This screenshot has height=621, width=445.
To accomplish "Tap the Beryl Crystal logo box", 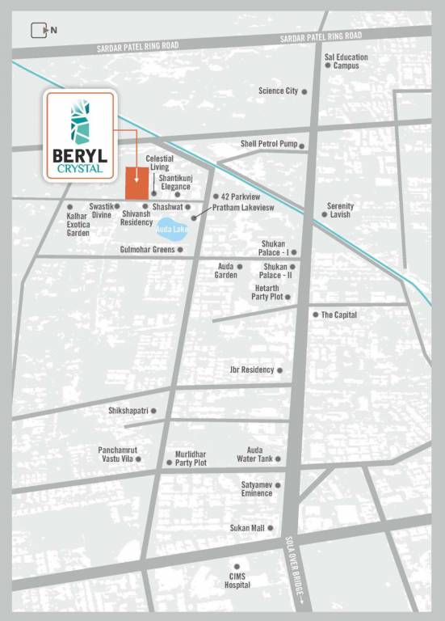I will pos(81,135).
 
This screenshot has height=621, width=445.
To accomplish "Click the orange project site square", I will pos(136,183).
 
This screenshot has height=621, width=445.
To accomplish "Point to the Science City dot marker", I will pos(304,92).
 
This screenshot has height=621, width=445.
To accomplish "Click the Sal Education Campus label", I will pos(346,61).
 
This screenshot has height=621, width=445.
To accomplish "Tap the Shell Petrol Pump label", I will pos(269,144).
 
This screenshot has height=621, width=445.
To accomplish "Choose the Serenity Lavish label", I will pos(340,210).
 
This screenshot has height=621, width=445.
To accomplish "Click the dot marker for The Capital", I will pos(316,315).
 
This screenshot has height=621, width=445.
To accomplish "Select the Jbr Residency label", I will pos(252,370).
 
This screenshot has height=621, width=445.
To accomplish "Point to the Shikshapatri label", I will pos(128,411).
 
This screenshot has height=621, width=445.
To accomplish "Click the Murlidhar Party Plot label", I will pos(191,458).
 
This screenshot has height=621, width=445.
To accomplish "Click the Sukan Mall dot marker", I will pos(270,528).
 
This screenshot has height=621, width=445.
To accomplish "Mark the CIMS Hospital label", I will pos(237,581).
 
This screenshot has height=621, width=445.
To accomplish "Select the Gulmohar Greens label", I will pos(147,250).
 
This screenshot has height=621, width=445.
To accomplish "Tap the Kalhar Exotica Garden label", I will pos(78,226).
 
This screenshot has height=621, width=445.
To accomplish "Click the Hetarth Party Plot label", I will pos(261,293).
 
